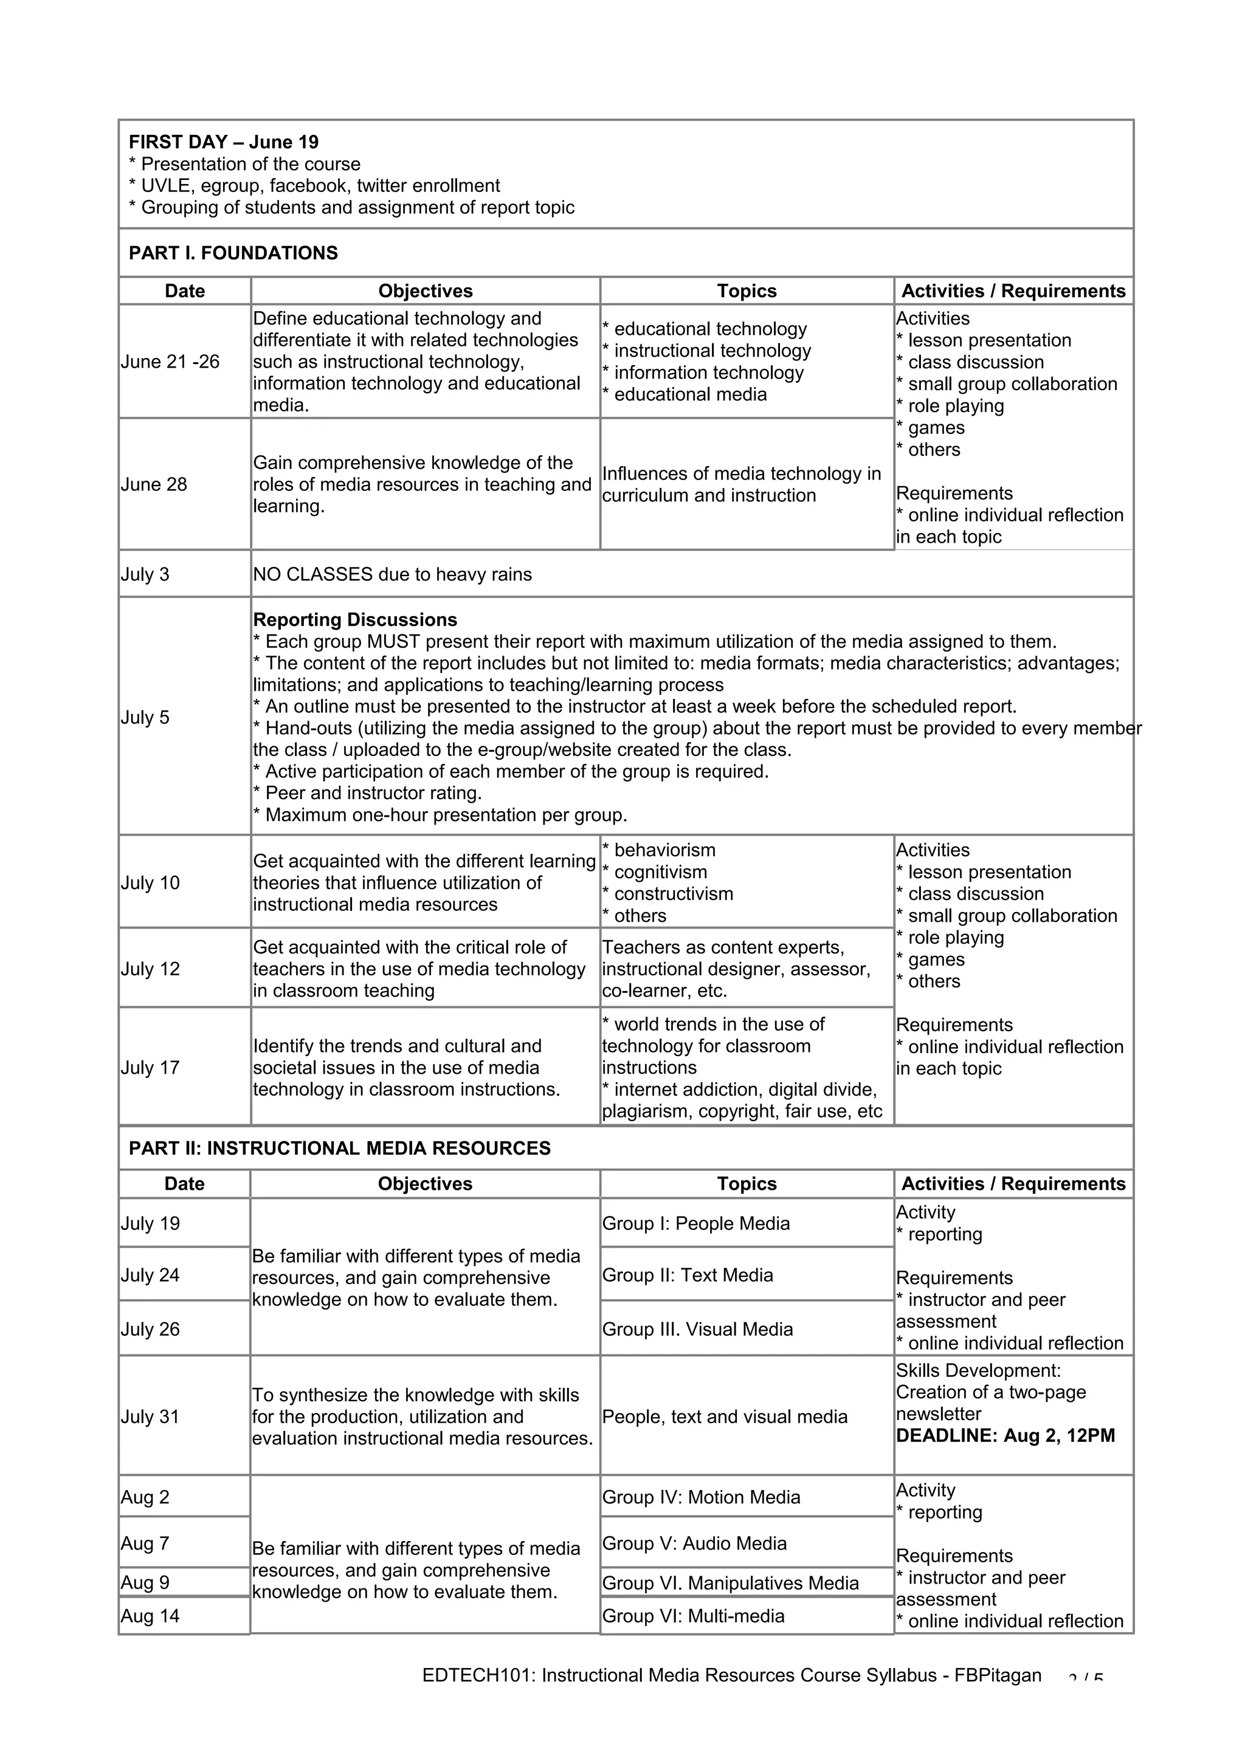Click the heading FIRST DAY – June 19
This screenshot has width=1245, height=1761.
[x=223, y=142]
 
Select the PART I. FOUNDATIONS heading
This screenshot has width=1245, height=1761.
[x=233, y=253]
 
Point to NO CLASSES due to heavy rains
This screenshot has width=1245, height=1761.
[x=392, y=574]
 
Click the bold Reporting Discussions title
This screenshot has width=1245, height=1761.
[x=354, y=620]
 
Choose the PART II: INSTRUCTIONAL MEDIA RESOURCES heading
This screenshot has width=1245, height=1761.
[x=340, y=1148]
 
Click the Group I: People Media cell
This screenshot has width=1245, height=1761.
[x=696, y=1223]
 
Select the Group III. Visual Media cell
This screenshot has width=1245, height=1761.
[x=697, y=1329]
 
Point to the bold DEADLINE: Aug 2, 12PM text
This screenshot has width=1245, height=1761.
[x=1005, y=1436]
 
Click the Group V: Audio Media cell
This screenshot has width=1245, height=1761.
[x=694, y=1543]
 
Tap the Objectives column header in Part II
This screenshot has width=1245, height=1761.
[x=425, y=1184]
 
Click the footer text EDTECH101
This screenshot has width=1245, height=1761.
[x=478, y=1675]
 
